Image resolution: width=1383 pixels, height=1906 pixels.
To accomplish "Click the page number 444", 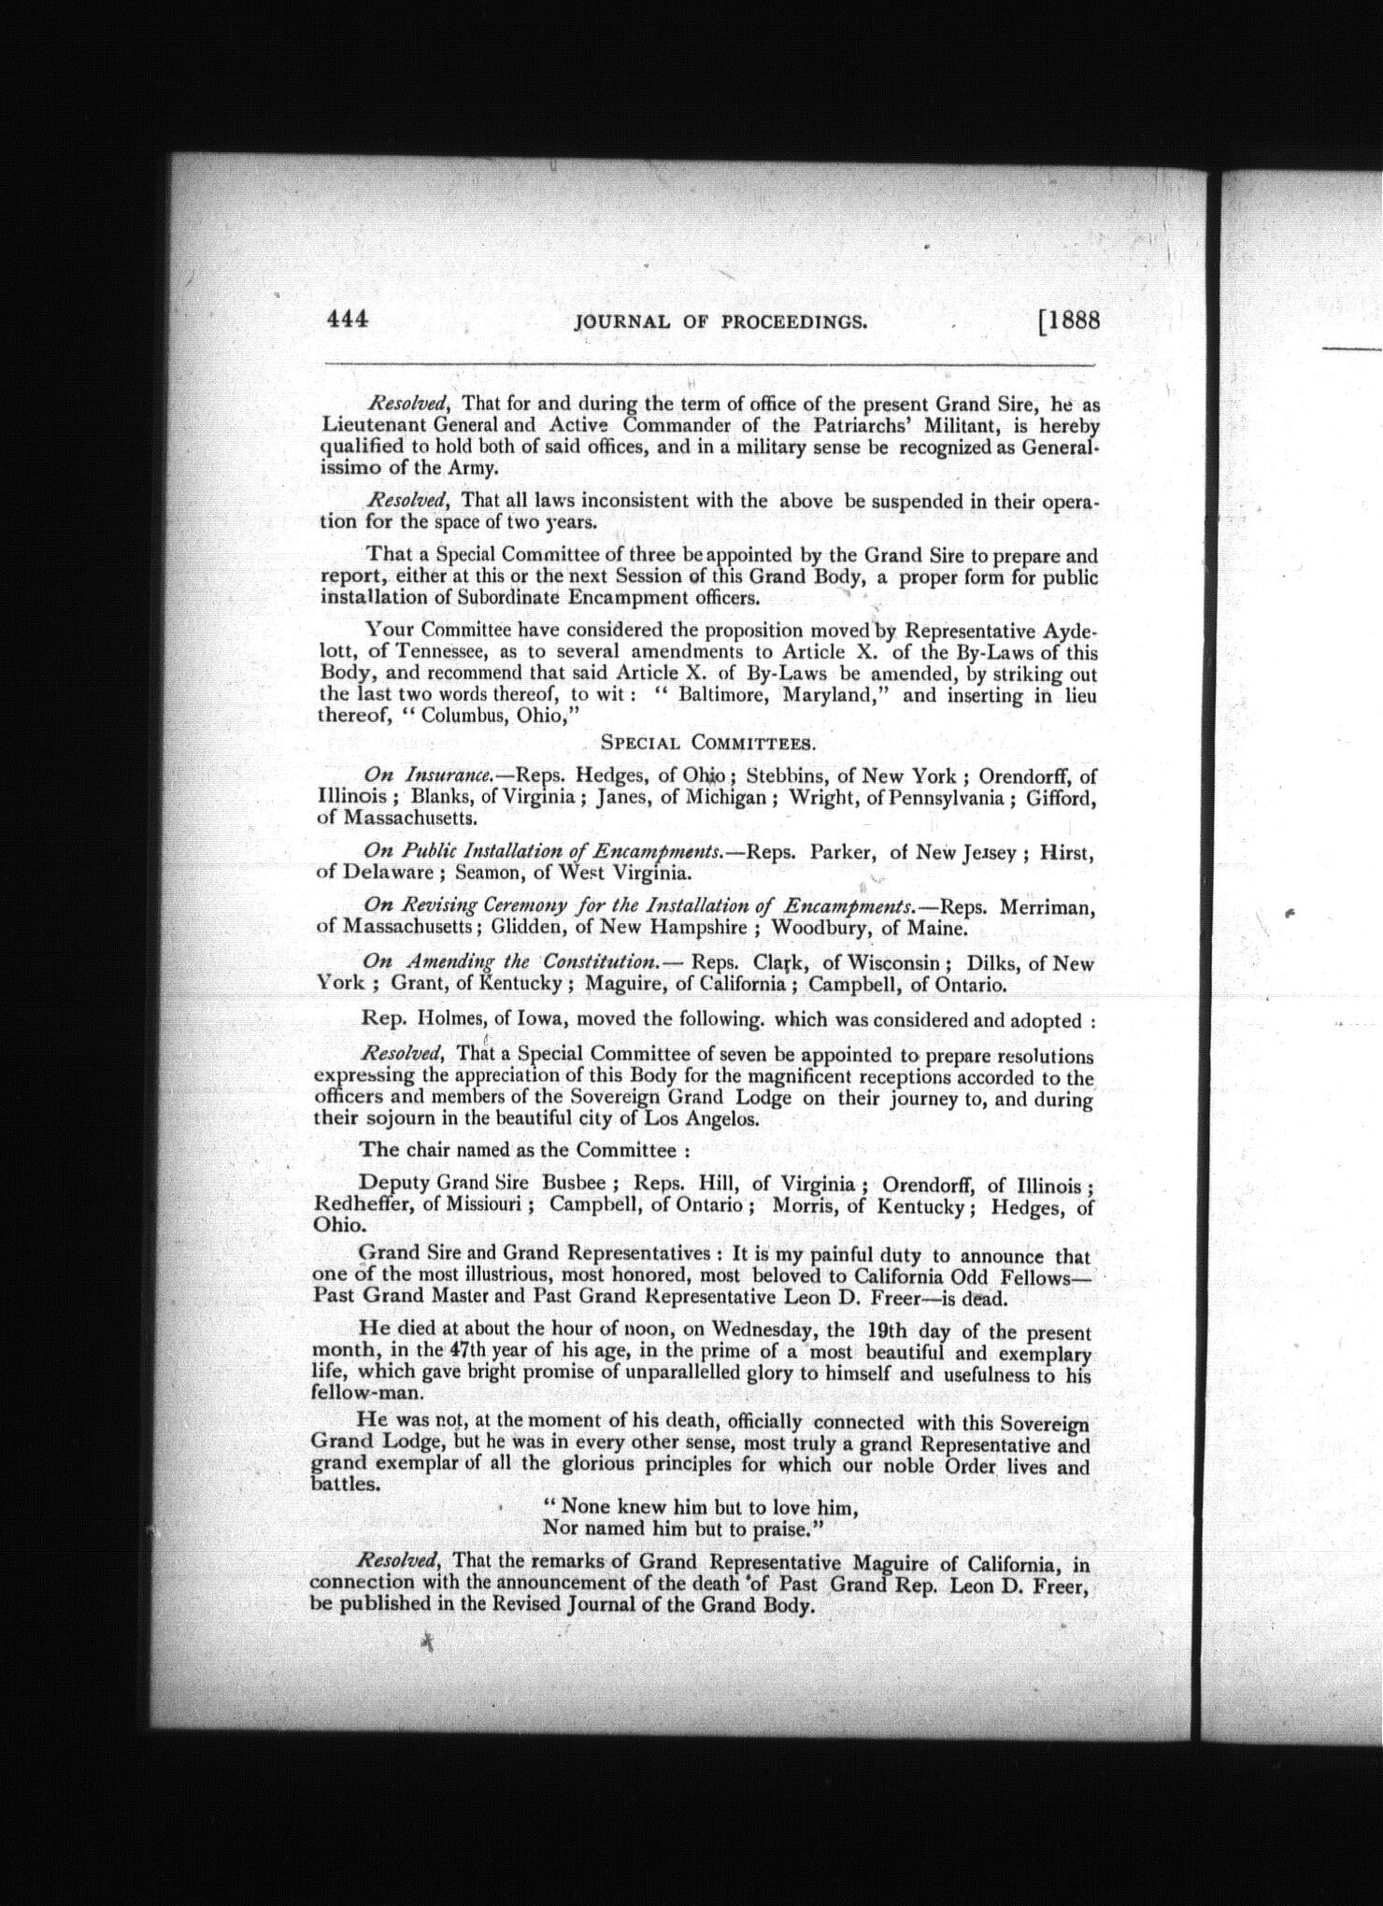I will (348, 320).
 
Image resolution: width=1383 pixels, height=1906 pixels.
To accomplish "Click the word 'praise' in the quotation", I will (771, 1529).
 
